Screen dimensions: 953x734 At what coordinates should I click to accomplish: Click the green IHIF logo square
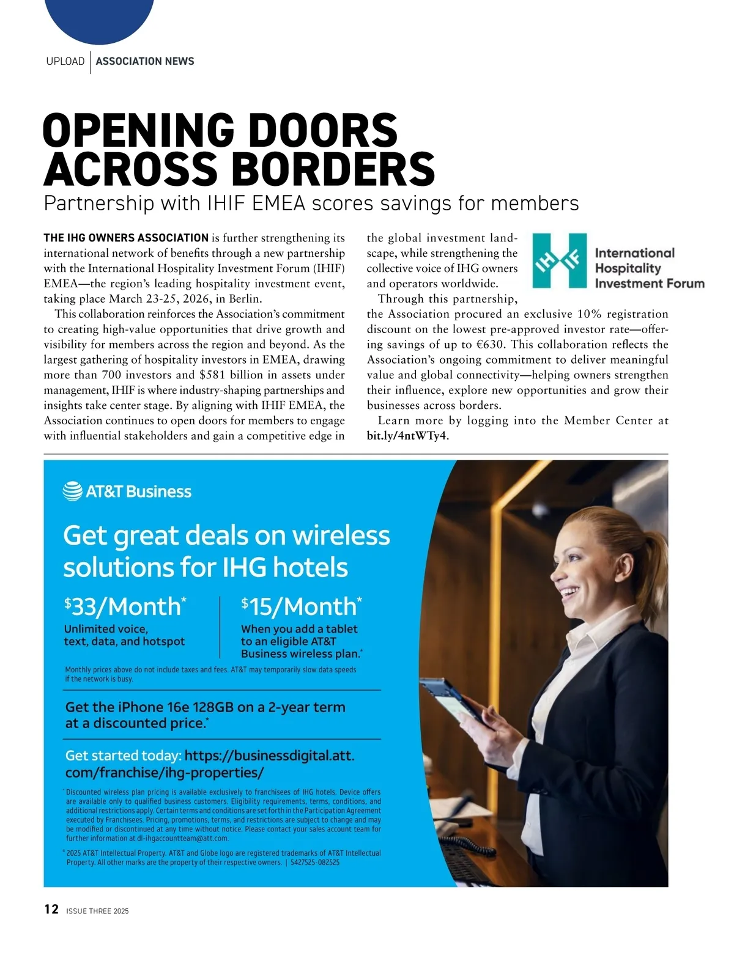(x=559, y=260)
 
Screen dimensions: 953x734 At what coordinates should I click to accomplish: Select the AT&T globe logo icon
(x=72, y=491)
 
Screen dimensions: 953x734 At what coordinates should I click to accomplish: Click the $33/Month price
(x=125, y=606)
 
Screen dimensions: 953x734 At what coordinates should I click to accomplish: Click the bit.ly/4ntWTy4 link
(x=407, y=436)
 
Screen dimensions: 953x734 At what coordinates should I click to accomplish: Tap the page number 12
(x=51, y=910)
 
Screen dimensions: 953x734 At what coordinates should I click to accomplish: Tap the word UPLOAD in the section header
(x=65, y=61)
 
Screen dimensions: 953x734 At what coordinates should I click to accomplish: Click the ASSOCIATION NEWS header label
(x=145, y=61)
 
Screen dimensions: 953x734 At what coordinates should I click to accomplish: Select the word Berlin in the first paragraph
(x=245, y=299)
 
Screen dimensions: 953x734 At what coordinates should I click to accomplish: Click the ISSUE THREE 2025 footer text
(x=98, y=911)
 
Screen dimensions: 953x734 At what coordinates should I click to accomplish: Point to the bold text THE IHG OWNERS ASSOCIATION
(x=126, y=238)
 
